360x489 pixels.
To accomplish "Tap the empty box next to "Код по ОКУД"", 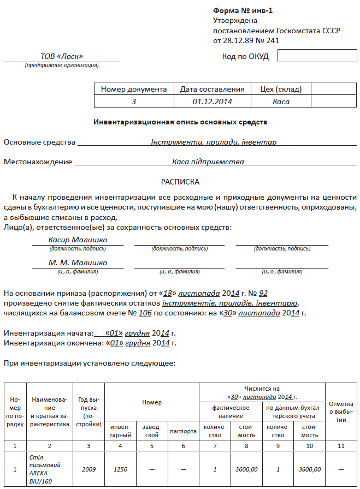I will point(310,56).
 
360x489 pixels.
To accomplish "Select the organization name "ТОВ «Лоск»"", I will point(62,56).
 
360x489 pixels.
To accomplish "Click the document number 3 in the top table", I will point(134,102).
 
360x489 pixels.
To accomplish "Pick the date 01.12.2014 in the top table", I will point(213,102).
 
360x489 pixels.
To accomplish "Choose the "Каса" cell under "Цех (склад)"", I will point(281,102).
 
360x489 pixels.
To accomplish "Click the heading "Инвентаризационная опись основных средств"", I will point(181,122).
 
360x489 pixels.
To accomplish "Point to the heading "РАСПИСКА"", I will point(180,181).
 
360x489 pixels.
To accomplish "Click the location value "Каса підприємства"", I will point(208,162).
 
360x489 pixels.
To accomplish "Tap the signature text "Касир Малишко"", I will point(78,240).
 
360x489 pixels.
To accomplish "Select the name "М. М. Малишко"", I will point(78,263).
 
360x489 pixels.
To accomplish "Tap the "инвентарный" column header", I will point(121,431).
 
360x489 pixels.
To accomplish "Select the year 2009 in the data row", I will point(89,469).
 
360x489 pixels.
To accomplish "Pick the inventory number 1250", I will point(121,469).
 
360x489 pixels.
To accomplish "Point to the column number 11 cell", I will point(341,446).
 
